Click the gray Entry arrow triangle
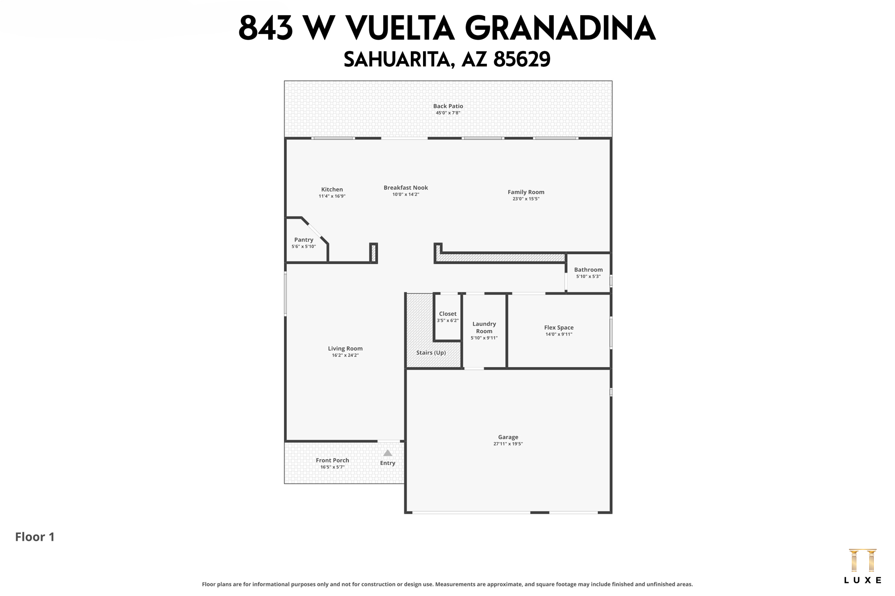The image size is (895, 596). pos(388,453)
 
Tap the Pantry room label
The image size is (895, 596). pos(304,240)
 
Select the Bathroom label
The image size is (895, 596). pos(588,270)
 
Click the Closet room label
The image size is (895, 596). pos(447,314)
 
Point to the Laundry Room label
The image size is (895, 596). pos(484,327)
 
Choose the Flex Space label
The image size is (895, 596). pos(559,327)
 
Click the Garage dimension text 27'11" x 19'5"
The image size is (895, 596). pos(508,444)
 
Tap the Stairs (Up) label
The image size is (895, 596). pos(431,353)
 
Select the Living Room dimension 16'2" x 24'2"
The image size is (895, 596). pos(345,355)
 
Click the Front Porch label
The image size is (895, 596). pos(332,460)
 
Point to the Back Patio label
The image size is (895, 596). pos(448,106)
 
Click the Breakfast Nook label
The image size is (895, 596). pos(406,188)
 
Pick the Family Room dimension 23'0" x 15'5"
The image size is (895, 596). pos(526,199)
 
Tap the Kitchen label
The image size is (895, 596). pos(332,189)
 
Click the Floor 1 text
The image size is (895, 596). pos(35,537)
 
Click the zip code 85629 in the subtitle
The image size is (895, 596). pos(521,59)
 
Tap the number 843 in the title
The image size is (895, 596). pos(265,29)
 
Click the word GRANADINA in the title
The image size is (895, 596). pos(560,29)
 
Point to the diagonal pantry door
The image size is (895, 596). pos(315,230)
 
